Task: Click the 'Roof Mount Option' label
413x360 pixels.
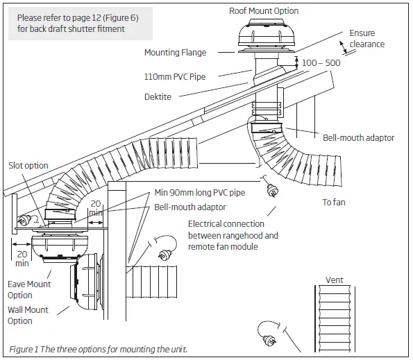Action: [x=264, y=10]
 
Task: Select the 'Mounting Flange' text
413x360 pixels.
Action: [x=175, y=52]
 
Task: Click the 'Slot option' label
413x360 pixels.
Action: [x=28, y=166]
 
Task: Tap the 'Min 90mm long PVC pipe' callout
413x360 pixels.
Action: [x=200, y=192]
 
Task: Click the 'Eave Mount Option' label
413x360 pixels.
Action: [x=29, y=289]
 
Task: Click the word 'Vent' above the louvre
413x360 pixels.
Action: [x=335, y=280]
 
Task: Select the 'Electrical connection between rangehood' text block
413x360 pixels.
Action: [x=233, y=235]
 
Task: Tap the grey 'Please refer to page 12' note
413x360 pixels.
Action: [x=77, y=24]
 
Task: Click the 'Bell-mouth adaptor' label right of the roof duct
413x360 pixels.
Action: [x=358, y=137]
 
